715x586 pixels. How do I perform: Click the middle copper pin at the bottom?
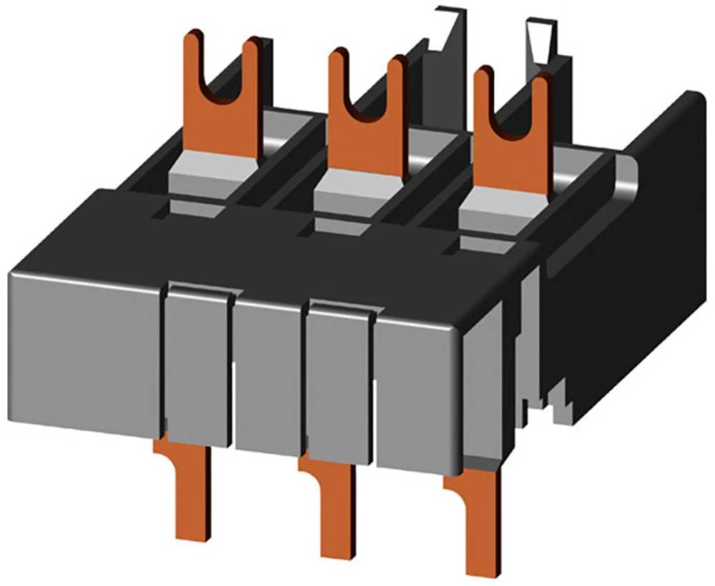[336, 507]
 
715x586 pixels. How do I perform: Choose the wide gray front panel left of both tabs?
[82, 350]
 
